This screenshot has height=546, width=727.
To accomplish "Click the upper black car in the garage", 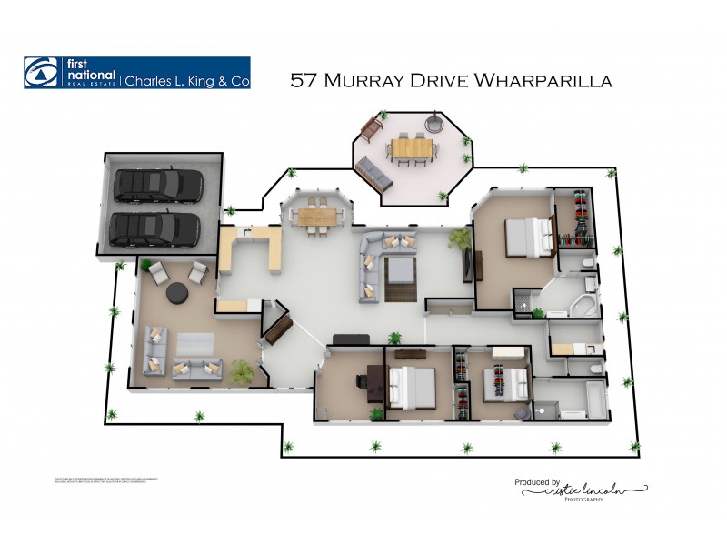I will (156, 185).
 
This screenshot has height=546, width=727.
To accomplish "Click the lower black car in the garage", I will (154, 229).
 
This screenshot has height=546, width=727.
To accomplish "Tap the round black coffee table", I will (175, 293).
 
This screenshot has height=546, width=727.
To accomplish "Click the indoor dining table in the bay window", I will (316, 216).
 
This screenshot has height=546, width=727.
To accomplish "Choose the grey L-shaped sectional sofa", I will (377, 264).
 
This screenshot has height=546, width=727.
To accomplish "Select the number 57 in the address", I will (302, 80).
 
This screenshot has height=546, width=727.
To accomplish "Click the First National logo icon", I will (41, 73).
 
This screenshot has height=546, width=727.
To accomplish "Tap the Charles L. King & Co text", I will (186, 80).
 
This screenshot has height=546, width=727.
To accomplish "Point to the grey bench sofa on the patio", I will (373, 169).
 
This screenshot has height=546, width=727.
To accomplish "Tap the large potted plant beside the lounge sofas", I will (242, 371).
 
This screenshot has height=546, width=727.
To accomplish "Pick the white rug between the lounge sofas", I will (194, 342).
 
